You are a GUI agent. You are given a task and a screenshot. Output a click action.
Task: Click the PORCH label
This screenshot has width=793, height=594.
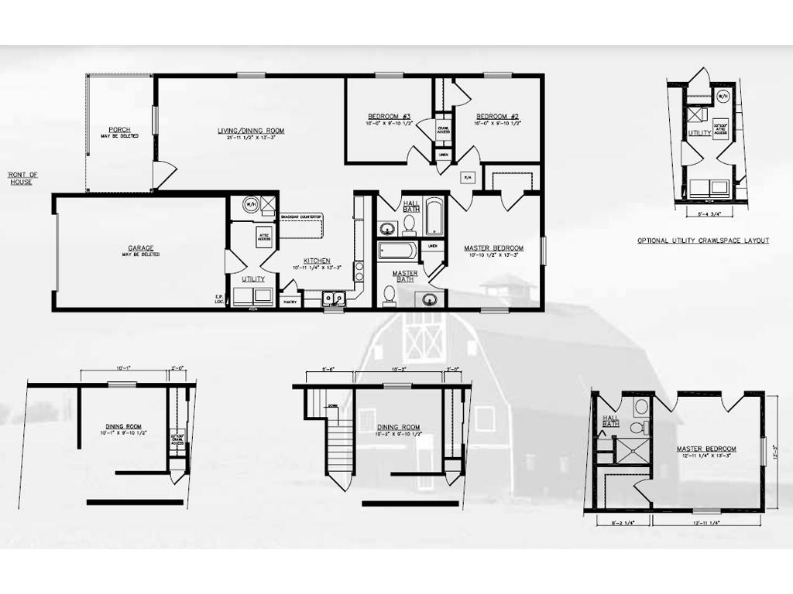(119, 129)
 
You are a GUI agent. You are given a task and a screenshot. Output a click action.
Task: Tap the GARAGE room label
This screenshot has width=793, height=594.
(140, 247)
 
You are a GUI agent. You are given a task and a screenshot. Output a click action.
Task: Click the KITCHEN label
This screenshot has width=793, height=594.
(317, 261)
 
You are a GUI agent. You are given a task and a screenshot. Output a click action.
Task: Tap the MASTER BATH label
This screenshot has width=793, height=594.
(405, 276)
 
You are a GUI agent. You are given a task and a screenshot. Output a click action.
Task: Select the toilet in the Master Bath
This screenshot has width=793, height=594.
(390, 294)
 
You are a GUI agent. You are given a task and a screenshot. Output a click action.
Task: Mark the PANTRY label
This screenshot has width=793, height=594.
(290, 302)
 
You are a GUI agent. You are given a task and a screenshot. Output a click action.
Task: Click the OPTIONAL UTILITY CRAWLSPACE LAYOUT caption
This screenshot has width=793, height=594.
(702, 241)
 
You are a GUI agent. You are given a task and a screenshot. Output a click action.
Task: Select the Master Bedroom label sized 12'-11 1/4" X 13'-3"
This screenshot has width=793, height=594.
(705, 449)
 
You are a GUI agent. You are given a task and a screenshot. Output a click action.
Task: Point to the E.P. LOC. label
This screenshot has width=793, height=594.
(219, 299)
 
